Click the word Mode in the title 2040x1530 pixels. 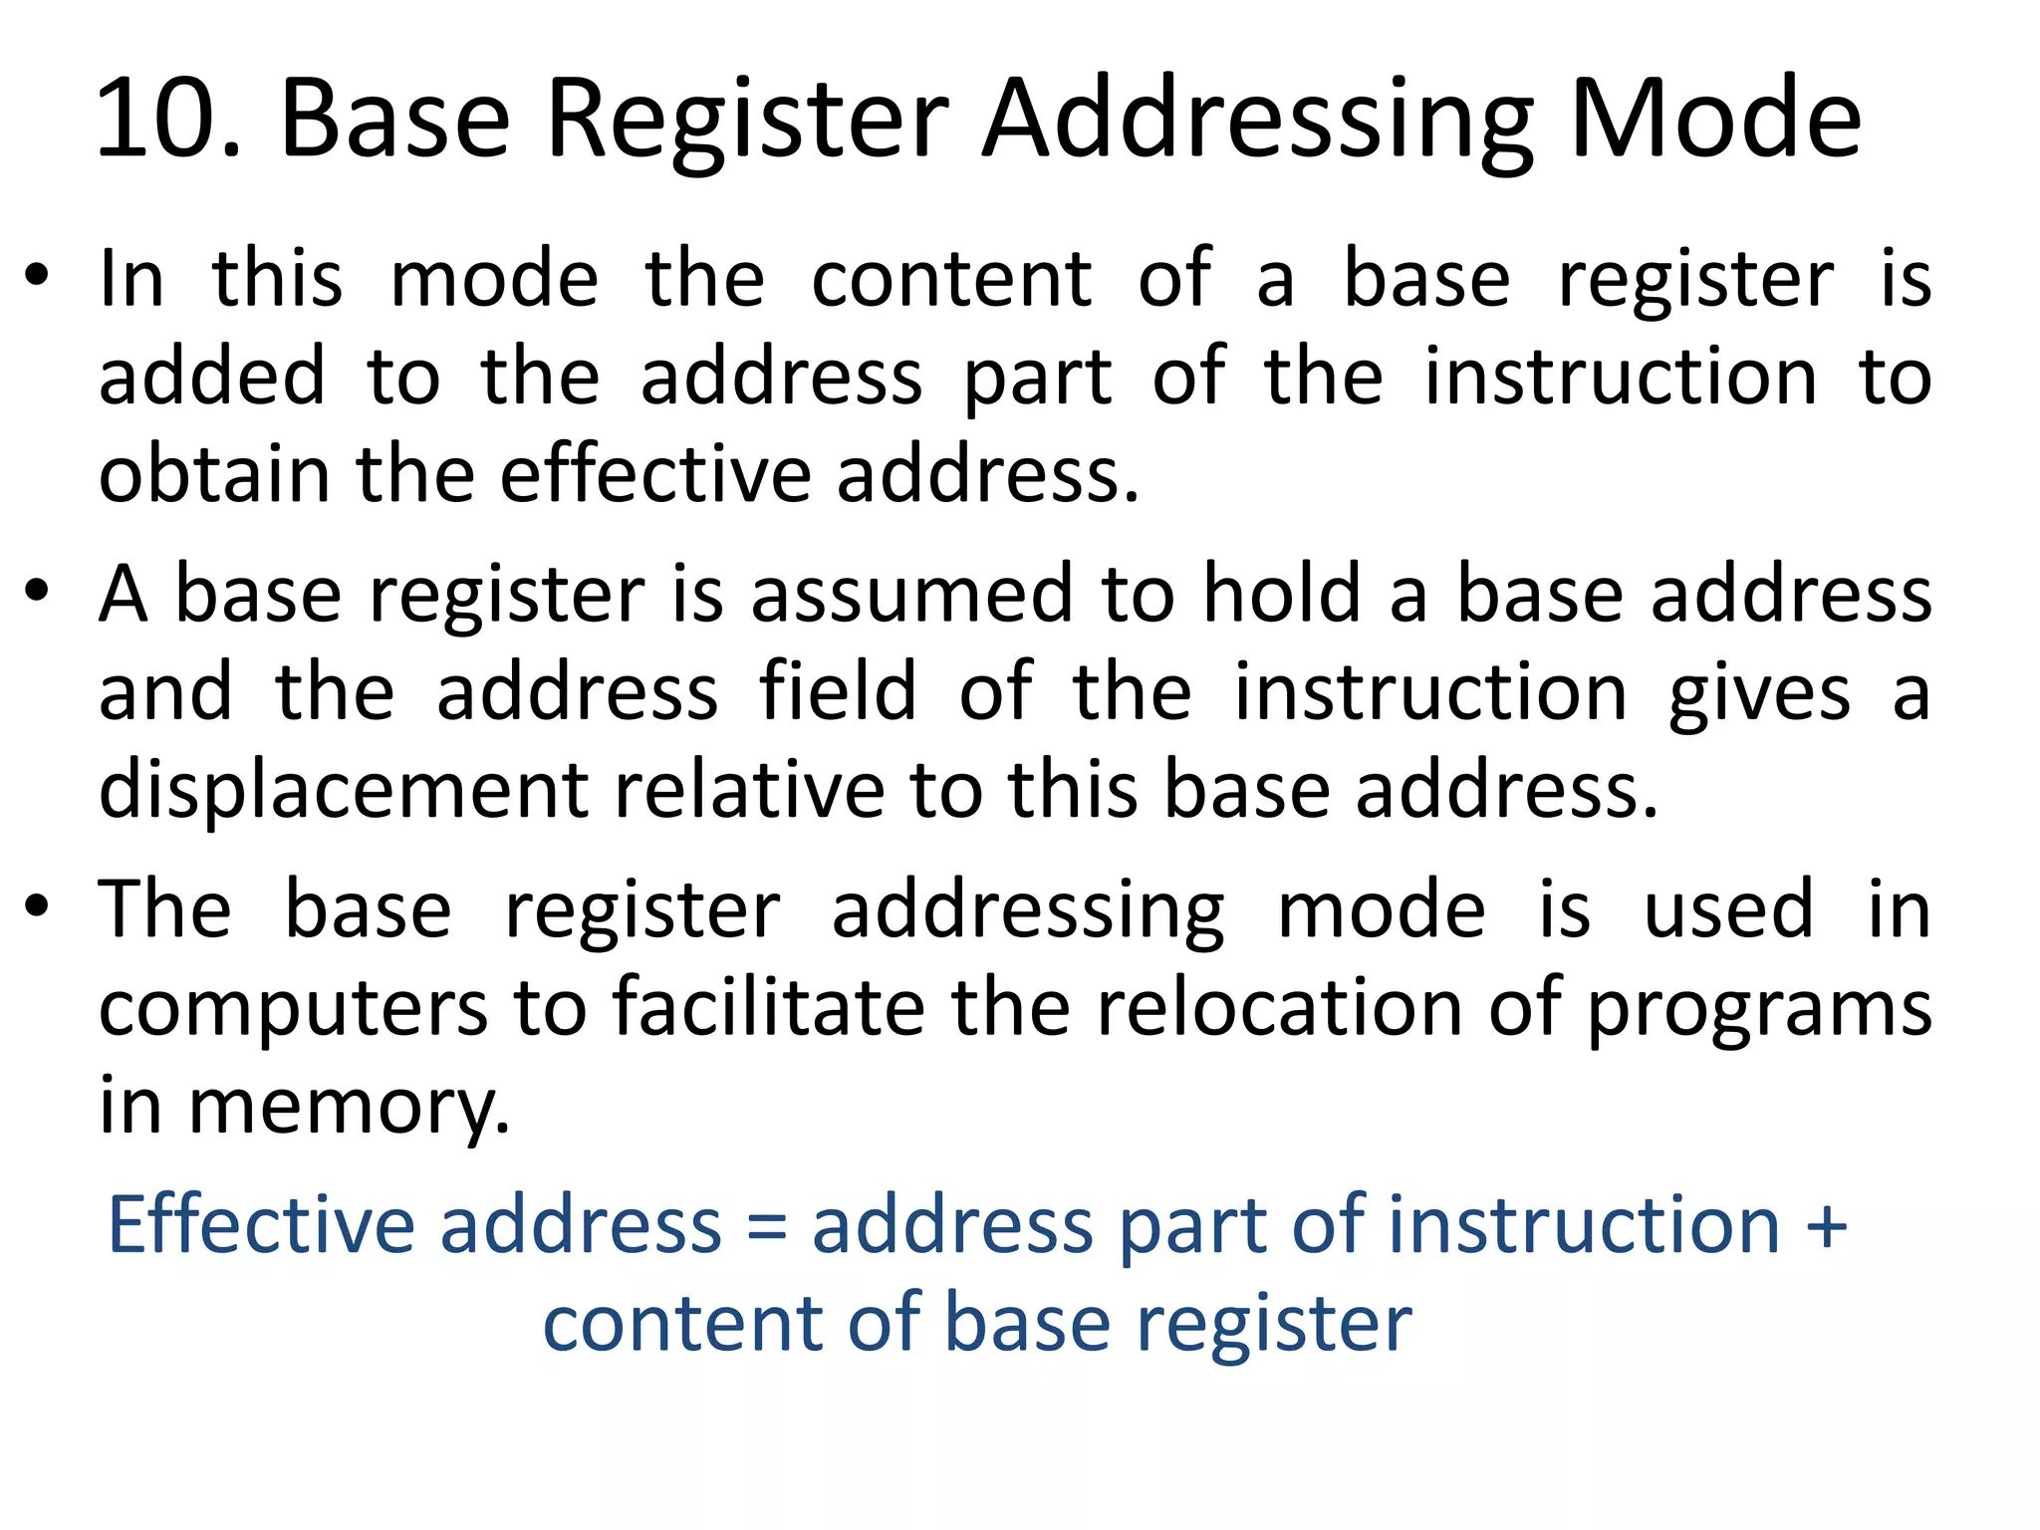pos(1713,120)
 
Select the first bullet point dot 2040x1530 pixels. pos(37,276)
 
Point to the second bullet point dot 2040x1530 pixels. pos(37,592)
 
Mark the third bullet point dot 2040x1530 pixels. pos(37,906)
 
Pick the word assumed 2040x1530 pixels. pos(912,594)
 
